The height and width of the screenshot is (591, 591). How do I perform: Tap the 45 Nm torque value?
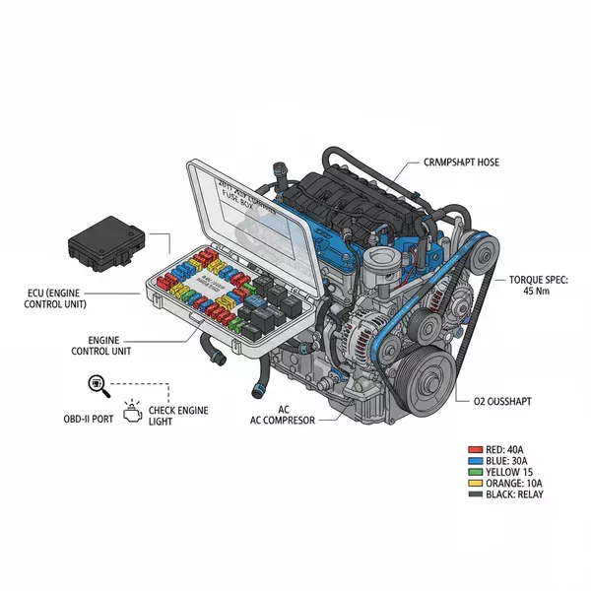[x=536, y=291]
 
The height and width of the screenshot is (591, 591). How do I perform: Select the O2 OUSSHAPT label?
[x=504, y=400]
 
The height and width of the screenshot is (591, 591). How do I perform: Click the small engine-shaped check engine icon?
[x=132, y=407]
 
